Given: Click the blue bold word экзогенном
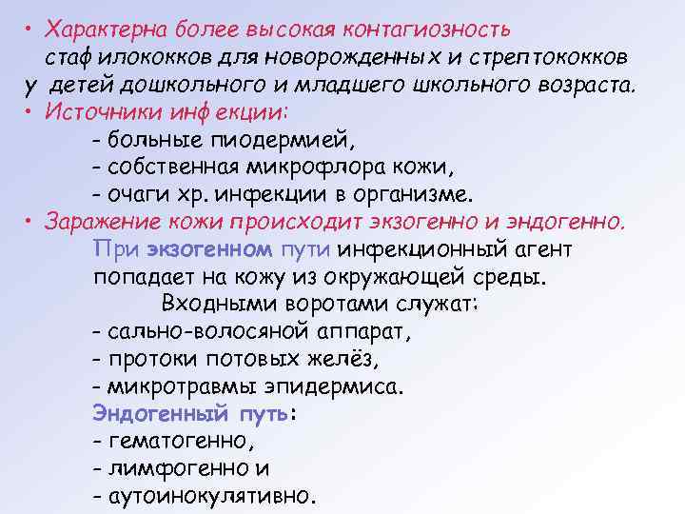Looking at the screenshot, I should tap(209, 250).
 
